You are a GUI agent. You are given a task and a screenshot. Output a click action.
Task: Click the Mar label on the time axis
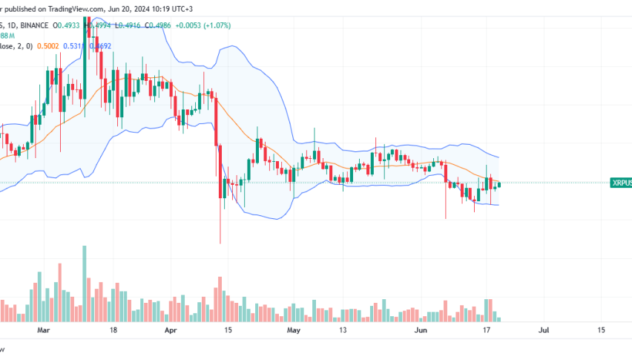coord(44,328)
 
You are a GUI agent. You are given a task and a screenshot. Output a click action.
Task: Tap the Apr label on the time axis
coord(171,328)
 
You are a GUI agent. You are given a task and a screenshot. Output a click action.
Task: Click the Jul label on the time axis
coord(544,328)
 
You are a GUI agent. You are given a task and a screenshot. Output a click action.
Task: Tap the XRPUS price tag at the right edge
coord(620,183)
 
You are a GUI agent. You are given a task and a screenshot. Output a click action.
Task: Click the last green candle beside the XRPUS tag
coord(500,184)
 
